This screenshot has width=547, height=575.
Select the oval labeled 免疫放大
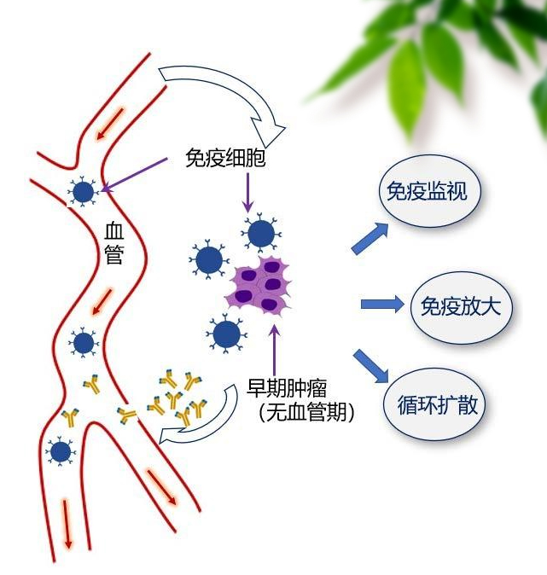461,305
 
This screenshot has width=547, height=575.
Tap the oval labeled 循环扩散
440,404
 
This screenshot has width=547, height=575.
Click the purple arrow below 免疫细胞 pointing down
247,193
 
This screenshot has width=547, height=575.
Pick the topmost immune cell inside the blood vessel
83,193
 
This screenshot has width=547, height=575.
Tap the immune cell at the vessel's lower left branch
60,450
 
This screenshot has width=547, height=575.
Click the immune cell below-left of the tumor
225,335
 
